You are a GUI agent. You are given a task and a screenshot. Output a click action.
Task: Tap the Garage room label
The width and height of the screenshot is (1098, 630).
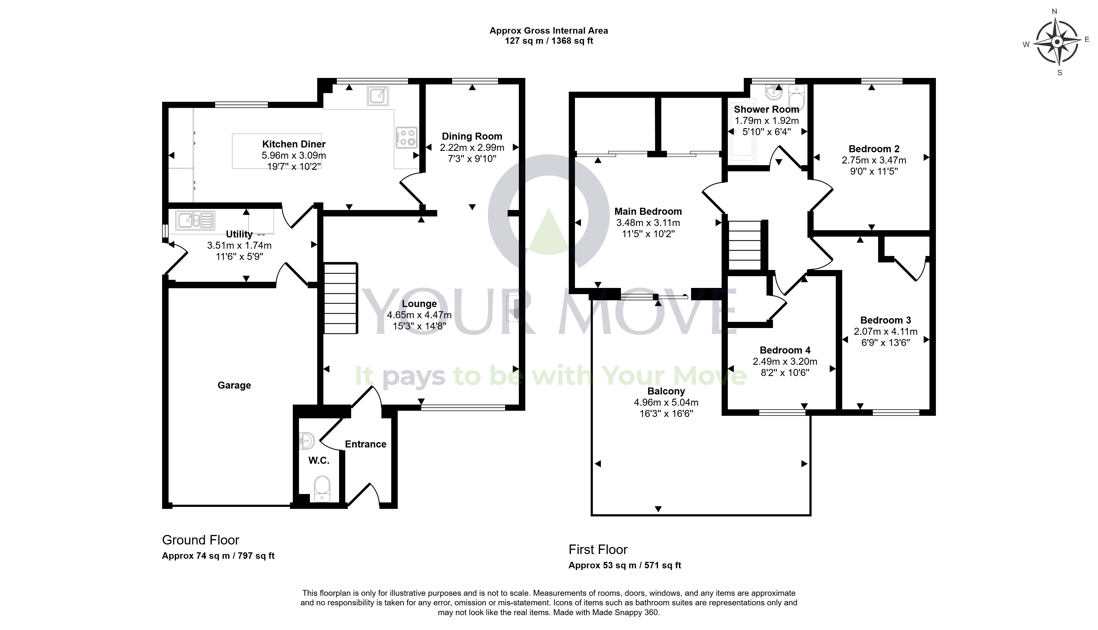(234, 385)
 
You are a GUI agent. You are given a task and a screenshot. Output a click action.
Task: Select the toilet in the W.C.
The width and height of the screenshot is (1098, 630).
(322, 488)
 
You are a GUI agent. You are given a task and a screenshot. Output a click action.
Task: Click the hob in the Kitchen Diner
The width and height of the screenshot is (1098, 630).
(406, 137)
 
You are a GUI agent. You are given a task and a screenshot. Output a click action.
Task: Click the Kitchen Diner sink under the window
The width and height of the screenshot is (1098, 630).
(378, 96)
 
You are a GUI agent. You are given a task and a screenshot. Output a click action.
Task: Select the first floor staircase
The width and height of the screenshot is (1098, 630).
(745, 245)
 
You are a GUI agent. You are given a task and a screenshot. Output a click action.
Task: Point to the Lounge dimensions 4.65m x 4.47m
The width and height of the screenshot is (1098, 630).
(419, 315)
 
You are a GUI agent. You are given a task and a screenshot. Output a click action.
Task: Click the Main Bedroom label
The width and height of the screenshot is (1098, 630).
(648, 211)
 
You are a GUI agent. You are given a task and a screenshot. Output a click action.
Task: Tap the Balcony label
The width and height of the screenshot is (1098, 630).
(666, 391)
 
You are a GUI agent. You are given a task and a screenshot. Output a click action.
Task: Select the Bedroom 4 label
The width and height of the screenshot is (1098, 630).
(785, 350)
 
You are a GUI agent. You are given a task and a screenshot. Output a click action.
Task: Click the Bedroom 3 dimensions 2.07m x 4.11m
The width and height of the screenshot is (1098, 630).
(885, 331)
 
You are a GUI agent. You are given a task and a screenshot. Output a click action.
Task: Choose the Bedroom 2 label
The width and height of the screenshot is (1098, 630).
(874, 149)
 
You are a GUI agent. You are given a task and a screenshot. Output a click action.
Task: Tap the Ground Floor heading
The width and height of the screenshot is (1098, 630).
(200, 540)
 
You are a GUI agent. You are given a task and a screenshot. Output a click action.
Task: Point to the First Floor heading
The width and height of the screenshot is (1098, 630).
(598, 550)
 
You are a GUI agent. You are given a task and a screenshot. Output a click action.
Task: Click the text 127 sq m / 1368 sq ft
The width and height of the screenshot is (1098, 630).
(549, 41)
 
